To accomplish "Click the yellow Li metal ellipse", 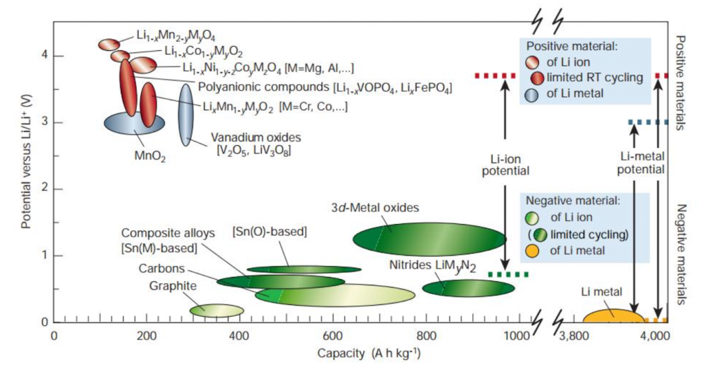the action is (614, 315).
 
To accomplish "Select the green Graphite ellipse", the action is (216, 310).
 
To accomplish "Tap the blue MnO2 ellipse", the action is (135, 123).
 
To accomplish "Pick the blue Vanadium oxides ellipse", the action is (186, 115).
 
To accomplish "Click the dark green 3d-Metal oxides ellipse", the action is (429, 239).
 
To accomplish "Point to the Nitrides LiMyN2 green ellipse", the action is (469, 288).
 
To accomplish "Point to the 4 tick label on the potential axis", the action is (45, 56).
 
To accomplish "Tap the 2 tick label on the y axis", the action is (45, 189).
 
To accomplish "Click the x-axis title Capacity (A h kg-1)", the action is (369, 353).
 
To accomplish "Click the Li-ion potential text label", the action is (506, 165).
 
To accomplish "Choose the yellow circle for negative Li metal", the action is (531, 250).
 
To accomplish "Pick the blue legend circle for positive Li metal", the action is (531, 94).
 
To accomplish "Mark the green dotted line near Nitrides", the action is (508, 274).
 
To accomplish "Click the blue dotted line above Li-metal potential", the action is (648, 122).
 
